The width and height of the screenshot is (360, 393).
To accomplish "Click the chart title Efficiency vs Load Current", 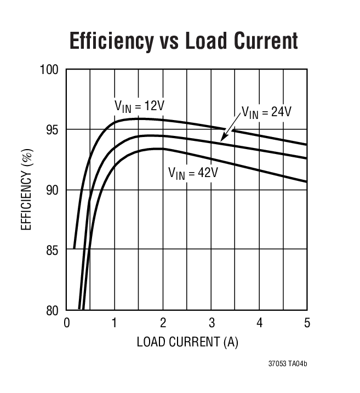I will pyautogui.click(x=184, y=41).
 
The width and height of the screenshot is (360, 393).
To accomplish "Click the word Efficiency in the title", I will pyautogui.click(x=111, y=41).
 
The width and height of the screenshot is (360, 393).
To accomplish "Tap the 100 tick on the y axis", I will pyautogui.click(x=50, y=70).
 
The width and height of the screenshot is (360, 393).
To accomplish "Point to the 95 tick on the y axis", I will pyautogui.click(x=53, y=130).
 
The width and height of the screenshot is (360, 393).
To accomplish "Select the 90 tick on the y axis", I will pyautogui.click(x=53, y=190).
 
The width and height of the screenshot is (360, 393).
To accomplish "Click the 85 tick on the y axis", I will pyautogui.click(x=53, y=250).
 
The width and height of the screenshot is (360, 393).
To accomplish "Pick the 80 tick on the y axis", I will pyautogui.click(x=53, y=311).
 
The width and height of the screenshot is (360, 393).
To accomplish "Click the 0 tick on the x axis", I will pyautogui.click(x=67, y=323).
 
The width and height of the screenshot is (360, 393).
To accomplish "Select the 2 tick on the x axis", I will pyautogui.click(x=163, y=323).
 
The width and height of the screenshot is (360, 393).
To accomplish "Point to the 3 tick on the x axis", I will pyautogui.click(x=211, y=323).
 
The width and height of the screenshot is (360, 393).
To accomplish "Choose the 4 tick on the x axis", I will pyautogui.click(x=259, y=323).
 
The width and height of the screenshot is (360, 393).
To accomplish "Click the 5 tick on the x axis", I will pyautogui.click(x=307, y=323).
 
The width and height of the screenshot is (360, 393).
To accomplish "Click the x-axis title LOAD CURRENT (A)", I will pyautogui.click(x=187, y=342).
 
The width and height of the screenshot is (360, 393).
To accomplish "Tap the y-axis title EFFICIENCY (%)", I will pyautogui.click(x=27, y=190).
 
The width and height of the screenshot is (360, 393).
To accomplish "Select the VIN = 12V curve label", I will pyautogui.click(x=136, y=106).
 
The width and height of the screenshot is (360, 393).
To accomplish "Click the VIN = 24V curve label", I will pyautogui.click(x=266, y=112).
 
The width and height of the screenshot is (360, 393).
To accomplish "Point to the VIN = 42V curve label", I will pyautogui.click(x=193, y=173).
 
